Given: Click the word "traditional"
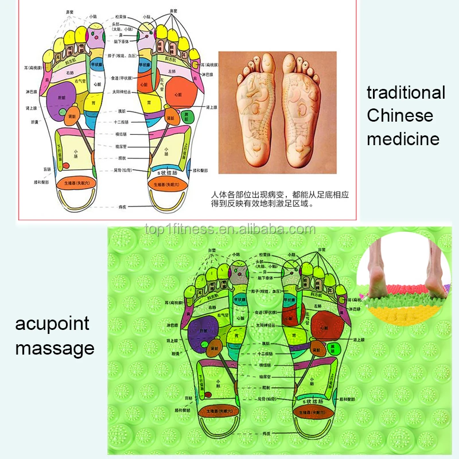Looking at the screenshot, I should coord(406,92).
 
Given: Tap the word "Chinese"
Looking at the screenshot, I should coord(400,115).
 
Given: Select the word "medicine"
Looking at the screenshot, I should coord(403,138).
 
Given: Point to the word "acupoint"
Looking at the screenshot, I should coord(52,324).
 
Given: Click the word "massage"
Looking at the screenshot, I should coord(55,348).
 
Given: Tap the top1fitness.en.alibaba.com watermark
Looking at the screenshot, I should coord(229,230).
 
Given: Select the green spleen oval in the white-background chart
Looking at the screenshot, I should coord(186,116).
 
